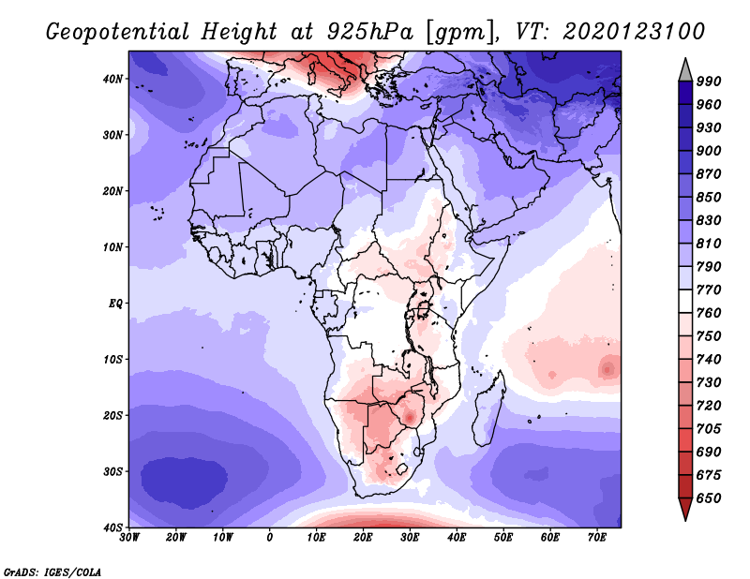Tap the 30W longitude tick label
pyautogui.click(x=129, y=537)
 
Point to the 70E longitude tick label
pyautogui.click(x=596, y=537)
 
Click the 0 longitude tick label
pyautogui.click(x=270, y=537)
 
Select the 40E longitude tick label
pyautogui.click(x=457, y=537)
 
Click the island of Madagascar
pyautogui.click(x=487, y=419)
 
